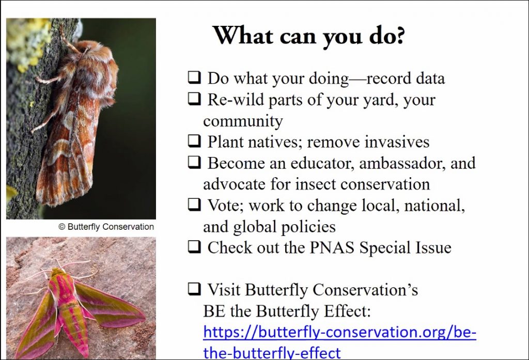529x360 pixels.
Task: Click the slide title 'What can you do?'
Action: (309, 36)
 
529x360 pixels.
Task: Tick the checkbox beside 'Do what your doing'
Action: (194, 77)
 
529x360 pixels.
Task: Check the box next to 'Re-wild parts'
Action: (194, 99)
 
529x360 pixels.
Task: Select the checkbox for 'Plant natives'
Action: (194, 140)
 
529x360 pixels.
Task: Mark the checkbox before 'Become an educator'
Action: (194, 162)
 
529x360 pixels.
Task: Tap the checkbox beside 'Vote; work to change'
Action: (194, 204)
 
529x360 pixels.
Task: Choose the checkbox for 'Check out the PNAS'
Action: (194, 247)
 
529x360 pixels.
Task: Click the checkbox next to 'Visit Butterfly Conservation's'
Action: (194, 289)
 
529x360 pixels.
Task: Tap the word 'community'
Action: (243, 121)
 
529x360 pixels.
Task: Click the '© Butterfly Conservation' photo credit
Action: (106, 227)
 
